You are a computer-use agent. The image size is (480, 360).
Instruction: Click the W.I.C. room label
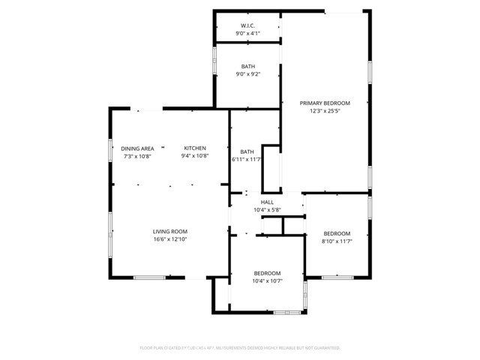point(247,25)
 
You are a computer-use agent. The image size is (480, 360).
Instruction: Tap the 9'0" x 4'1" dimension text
point(247,34)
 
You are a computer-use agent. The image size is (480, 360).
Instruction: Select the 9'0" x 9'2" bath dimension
point(247,74)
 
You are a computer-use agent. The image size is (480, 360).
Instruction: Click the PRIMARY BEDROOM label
point(325,103)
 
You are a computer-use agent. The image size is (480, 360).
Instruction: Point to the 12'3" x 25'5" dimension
point(325,111)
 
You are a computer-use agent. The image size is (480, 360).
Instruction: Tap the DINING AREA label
point(138,148)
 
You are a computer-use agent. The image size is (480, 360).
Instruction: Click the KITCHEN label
point(195,148)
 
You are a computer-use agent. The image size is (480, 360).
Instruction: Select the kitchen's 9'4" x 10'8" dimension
point(195,157)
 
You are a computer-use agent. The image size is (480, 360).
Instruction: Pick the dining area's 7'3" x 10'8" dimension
point(138,157)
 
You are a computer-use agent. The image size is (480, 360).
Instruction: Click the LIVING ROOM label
point(170,232)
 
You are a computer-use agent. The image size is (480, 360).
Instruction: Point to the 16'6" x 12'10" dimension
point(170,240)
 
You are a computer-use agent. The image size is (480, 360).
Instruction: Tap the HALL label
point(267,202)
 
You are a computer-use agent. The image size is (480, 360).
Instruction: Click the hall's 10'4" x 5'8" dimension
point(267,211)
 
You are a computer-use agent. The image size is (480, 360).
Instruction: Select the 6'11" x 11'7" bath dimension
point(246,159)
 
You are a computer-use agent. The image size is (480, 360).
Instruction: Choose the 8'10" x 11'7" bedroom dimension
point(337,241)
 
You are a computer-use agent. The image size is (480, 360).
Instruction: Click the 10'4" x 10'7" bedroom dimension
point(267,281)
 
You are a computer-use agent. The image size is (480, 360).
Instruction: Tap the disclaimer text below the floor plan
point(240,348)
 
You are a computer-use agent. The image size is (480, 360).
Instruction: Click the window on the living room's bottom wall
point(149,278)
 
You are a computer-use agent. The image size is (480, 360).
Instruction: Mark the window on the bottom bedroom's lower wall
point(286,311)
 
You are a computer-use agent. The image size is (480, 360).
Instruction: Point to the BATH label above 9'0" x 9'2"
point(247,66)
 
